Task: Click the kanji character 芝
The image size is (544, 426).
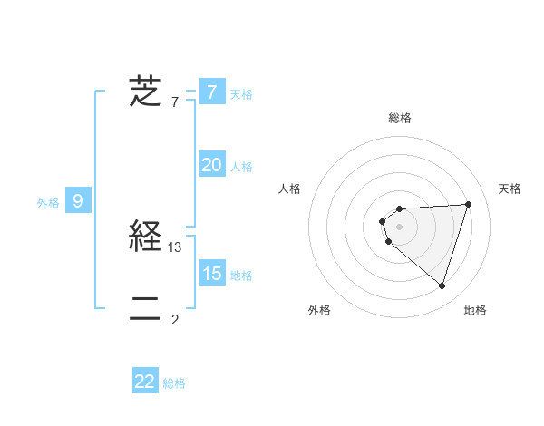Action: [145, 92]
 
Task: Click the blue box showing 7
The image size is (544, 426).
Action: [211, 92]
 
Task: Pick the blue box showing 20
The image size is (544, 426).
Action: [211, 165]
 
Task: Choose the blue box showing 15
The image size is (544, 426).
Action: [211, 273]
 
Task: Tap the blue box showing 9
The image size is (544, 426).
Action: [78, 201]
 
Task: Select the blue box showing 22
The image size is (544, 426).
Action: [145, 382]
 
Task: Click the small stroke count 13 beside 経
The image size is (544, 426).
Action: [176, 247]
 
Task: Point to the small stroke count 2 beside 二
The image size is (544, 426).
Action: [175, 319]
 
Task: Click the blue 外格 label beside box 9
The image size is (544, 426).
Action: [48, 203]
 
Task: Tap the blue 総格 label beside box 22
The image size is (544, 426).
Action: [174, 383]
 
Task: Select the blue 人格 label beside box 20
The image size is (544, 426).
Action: [241, 167]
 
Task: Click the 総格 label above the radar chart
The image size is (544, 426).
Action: [399, 118]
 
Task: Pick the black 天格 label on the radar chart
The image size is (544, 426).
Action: [510, 189]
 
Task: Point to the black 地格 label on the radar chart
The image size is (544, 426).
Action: [475, 310]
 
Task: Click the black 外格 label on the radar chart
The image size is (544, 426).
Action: [319, 310]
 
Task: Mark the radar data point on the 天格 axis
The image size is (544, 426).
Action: [468, 204]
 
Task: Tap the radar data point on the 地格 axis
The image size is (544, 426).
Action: [442, 286]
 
